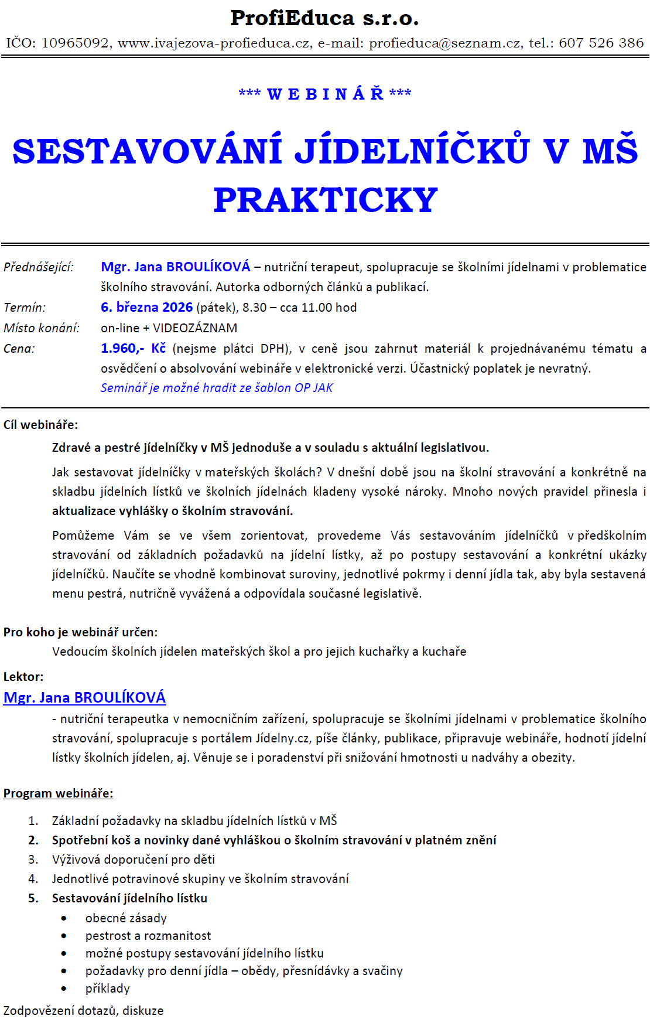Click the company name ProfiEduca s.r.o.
(324, 18)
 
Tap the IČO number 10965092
(75, 43)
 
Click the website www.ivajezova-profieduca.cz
(214, 43)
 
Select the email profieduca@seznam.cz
(444, 43)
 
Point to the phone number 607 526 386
(601, 43)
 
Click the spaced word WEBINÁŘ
(325, 94)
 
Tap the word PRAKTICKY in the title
(326, 200)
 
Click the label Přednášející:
(39, 267)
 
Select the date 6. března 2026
(146, 308)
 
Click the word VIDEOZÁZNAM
(195, 328)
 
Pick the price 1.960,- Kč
(133, 349)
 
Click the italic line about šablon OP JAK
(217, 388)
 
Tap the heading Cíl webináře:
(40, 425)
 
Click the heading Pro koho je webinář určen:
(80, 632)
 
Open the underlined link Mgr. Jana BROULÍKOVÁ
(84, 697)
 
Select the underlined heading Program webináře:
(58, 793)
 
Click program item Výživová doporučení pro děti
(133, 860)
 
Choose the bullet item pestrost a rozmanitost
(148, 936)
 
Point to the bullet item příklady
(107, 989)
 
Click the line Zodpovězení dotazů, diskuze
(83, 1011)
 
